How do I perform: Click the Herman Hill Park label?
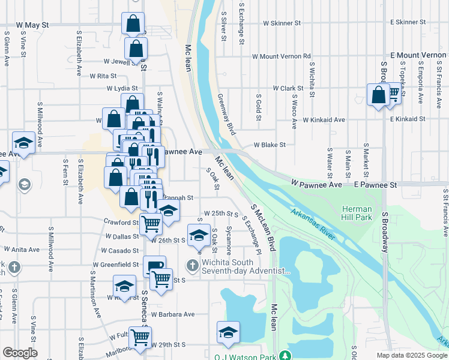coord(357,212)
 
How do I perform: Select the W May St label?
coord(32,26)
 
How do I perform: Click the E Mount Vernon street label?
coord(418,55)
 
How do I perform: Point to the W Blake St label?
coord(269,145)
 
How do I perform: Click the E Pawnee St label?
coord(375,185)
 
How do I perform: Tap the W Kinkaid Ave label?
coord(324,120)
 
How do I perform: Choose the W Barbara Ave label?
coord(173,314)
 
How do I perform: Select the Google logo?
coord(20,353)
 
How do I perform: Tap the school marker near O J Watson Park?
coord(229,332)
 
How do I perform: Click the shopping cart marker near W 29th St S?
coord(140,337)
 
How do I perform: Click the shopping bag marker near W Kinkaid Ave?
coord(379,95)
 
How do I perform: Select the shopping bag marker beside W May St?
coord(133,24)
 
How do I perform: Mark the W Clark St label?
coord(284,88)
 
